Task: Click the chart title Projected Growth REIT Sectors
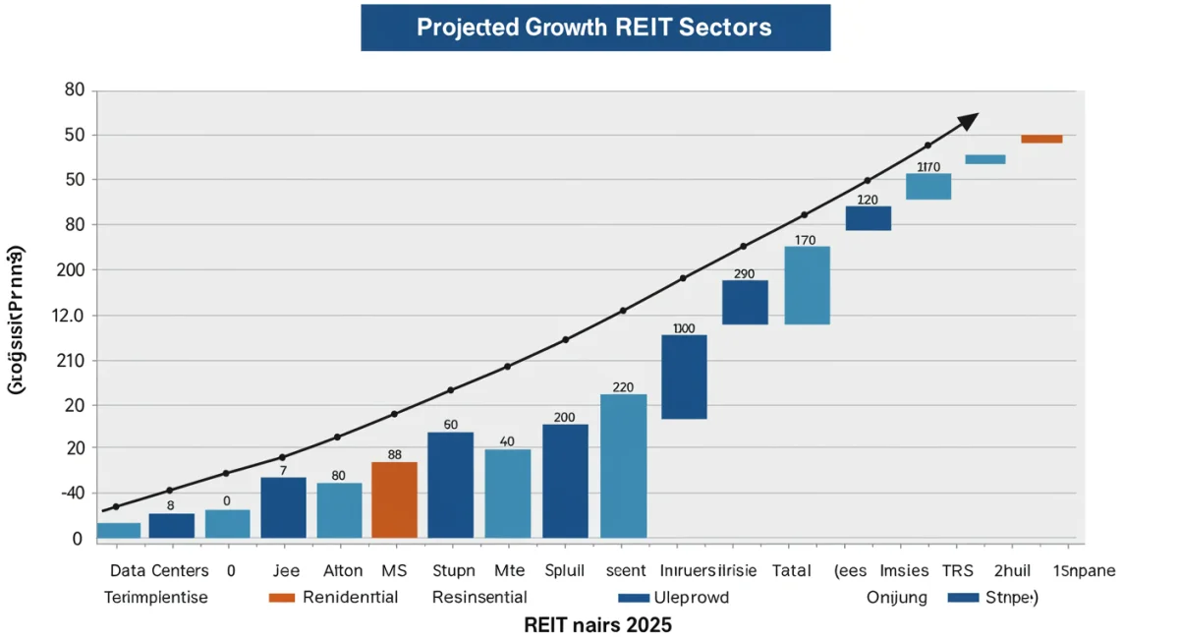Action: point(593,27)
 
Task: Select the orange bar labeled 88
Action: point(394,499)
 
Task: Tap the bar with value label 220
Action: point(623,465)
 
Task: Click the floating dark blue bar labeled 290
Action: point(745,302)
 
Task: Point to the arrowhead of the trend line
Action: point(969,120)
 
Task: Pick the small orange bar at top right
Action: point(1041,139)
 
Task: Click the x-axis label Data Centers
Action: point(159,570)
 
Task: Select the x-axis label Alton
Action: point(343,570)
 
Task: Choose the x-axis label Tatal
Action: point(791,570)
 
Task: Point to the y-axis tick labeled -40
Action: point(73,493)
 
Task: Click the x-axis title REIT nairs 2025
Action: point(597,624)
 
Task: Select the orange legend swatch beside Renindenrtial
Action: point(281,597)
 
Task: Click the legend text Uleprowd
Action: point(694,597)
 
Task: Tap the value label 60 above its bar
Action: point(451,425)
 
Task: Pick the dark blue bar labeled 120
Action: point(869,217)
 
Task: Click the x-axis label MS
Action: point(393,570)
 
